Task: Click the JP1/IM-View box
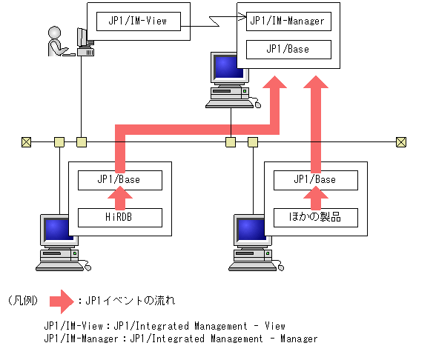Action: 139,21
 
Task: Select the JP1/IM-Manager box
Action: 287,21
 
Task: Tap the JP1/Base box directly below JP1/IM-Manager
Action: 287,50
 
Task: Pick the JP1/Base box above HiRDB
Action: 119,179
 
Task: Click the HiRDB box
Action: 119,217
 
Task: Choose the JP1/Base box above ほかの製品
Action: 314,179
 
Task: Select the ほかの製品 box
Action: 314,217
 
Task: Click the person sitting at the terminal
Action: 57,41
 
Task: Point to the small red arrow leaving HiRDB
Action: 119,198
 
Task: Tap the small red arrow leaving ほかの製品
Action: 314,198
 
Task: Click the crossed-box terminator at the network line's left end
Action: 26,141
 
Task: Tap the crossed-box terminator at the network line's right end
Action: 401,141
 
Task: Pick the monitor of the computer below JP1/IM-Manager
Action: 225,69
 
